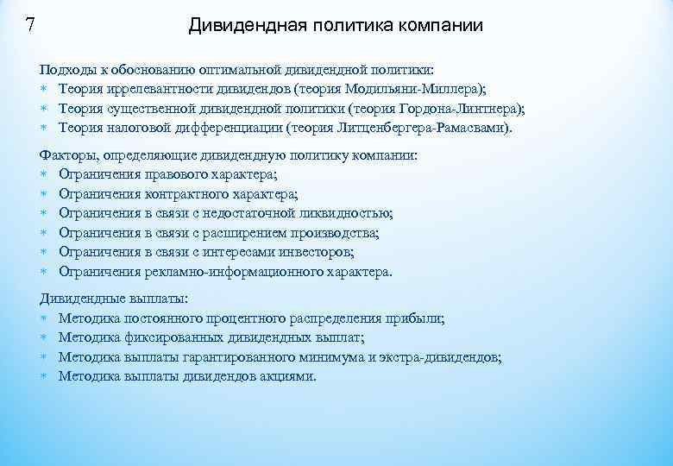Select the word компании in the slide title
click(441, 26)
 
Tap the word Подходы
click(66, 68)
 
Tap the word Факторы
click(67, 155)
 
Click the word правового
click(180, 174)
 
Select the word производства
click(334, 233)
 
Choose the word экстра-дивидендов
click(438, 356)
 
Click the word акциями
click(293, 376)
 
